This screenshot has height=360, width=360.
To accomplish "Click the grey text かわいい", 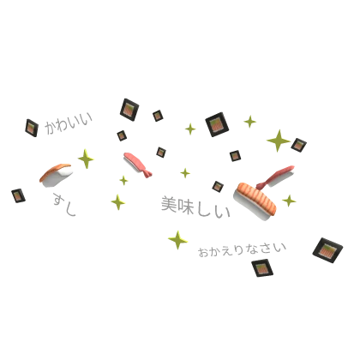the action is (x=69, y=123).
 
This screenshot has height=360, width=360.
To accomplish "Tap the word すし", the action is (x=64, y=204).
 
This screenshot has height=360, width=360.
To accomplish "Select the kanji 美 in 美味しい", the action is (x=169, y=204).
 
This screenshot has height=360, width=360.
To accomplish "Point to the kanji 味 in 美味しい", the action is (x=185, y=206).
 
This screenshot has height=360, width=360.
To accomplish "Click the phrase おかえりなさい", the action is (x=243, y=250).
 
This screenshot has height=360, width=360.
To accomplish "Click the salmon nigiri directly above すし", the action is (x=56, y=175).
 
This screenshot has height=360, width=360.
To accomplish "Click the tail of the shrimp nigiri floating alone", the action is (x=147, y=172).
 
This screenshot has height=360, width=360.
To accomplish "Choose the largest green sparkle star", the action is (x=279, y=141).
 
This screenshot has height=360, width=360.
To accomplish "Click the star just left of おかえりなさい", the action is (x=177, y=240).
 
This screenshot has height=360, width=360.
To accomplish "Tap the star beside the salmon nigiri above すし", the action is (x=86, y=159).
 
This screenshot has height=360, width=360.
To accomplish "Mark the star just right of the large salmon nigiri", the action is (x=289, y=201).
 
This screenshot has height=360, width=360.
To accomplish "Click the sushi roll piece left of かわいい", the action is (x=32, y=128).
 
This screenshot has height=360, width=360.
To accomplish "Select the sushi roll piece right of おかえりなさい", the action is (x=327, y=250).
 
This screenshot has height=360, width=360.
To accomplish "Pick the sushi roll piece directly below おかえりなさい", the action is (x=262, y=268).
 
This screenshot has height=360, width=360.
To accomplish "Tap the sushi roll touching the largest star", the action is (x=299, y=145).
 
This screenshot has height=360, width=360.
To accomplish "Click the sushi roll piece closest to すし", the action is (x=18, y=196).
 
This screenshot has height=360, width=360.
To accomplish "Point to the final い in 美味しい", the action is (x=223, y=212).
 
